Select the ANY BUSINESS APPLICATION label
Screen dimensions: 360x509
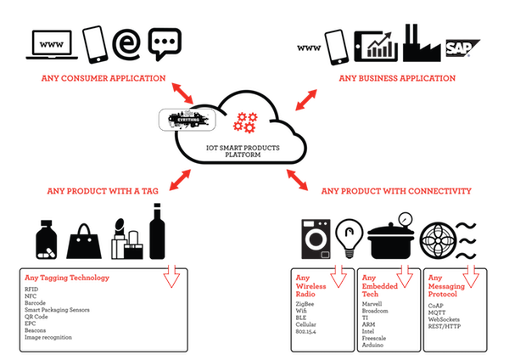(397, 77)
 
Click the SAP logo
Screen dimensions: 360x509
(460, 48)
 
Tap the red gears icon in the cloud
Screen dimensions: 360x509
(247, 121)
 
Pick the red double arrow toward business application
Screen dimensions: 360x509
(306, 99)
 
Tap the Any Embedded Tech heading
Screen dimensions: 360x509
(374, 284)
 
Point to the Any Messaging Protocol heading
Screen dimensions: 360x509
(442, 284)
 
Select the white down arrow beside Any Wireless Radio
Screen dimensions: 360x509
(339, 275)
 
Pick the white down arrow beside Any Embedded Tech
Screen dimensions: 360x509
(405, 275)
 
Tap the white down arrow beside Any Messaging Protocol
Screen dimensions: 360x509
(471, 275)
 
